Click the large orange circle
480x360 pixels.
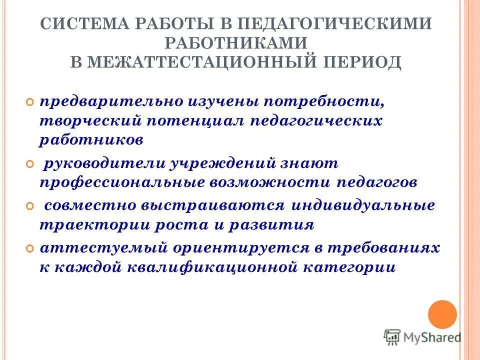(442, 314)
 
